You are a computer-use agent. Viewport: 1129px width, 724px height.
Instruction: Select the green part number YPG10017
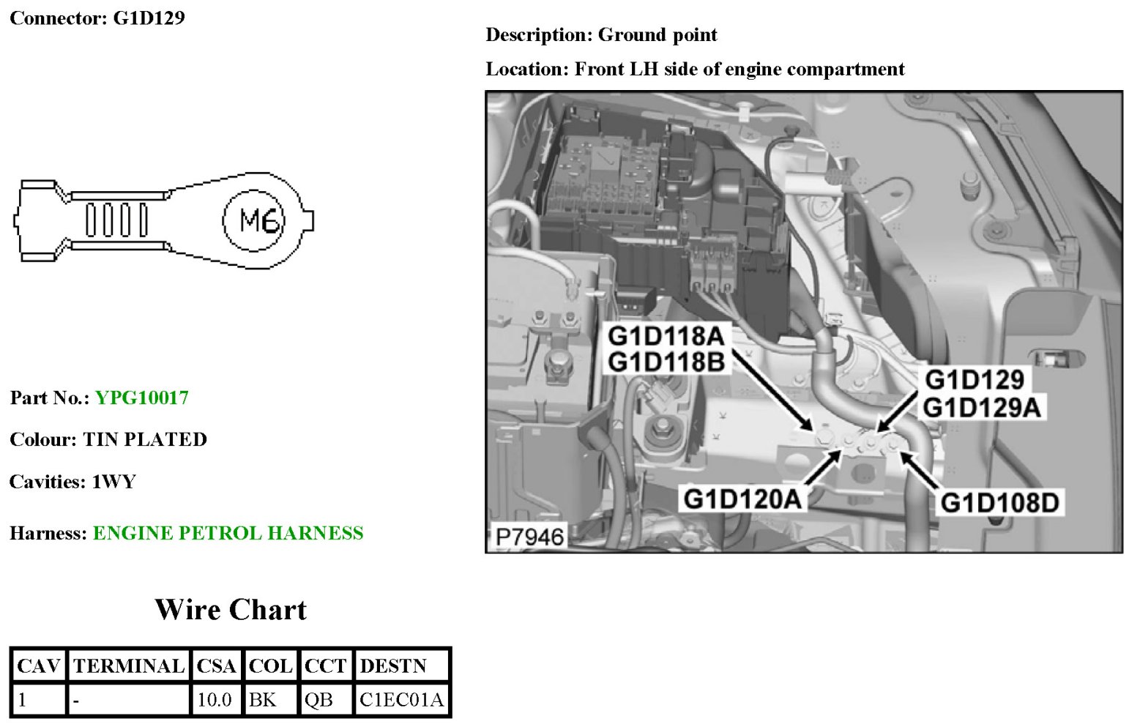point(142,398)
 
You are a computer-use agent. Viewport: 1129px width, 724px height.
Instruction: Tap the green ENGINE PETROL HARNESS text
point(228,533)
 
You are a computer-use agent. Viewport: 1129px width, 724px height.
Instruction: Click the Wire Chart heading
point(230,610)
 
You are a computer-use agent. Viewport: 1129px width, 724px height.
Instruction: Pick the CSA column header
point(216,665)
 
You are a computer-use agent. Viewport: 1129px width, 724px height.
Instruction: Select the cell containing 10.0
point(215,700)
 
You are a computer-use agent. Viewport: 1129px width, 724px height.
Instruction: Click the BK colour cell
point(263,700)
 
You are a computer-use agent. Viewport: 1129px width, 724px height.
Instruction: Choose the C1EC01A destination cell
point(401,700)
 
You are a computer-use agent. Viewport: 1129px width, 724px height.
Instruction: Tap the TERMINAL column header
point(128,665)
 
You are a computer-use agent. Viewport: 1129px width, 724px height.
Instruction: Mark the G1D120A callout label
point(742,499)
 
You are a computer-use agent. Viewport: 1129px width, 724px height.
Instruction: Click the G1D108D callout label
point(999,502)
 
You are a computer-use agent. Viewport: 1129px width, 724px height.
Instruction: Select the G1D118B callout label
point(666,362)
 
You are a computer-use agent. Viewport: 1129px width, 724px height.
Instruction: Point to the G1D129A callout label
point(981,407)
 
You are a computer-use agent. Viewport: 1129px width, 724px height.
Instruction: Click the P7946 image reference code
point(529,537)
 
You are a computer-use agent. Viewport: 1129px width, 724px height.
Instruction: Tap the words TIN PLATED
point(145,439)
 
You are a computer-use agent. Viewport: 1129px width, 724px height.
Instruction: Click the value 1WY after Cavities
point(113,482)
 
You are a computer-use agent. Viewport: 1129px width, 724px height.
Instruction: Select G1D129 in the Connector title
point(149,18)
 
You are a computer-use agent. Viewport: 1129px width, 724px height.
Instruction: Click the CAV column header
point(38,665)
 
